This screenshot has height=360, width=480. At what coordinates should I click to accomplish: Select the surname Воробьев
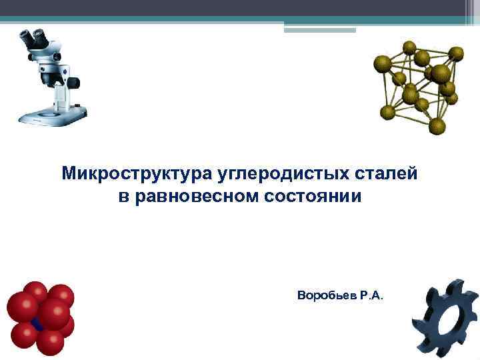point(327,295)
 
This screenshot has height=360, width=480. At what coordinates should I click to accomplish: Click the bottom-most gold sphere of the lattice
point(437,125)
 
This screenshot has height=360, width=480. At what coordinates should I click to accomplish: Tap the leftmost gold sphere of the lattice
point(382,64)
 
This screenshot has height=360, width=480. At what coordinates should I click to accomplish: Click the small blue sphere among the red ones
point(37,325)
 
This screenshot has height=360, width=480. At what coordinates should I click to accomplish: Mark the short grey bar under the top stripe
point(320,30)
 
